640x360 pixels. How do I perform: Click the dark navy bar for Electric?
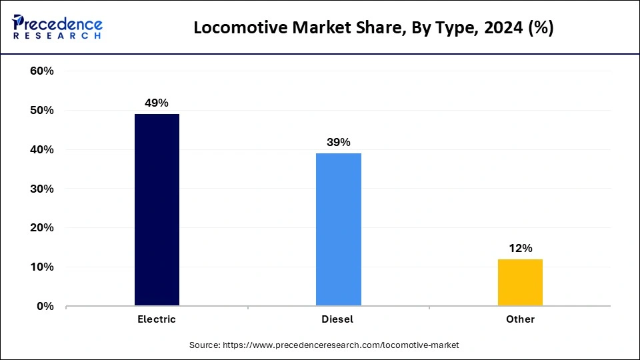click(157, 210)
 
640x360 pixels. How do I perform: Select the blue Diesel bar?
click(338, 229)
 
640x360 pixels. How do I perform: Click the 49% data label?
click(157, 103)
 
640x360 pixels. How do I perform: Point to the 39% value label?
click(338, 142)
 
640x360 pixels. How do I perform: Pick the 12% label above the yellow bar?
click(520, 248)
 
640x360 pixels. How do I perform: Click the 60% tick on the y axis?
click(42, 71)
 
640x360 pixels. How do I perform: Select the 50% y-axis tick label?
click(42, 111)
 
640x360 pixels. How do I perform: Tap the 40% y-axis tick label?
click(42, 150)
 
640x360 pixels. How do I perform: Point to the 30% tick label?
click(42, 189)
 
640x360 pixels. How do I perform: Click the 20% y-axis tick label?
click(42, 228)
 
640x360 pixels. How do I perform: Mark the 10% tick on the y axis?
click(42, 267)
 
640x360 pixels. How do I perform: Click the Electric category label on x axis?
click(157, 319)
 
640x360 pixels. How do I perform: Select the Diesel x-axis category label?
click(338, 319)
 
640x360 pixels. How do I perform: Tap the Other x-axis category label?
click(520, 319)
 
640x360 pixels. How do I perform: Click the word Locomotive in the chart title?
click(234, 28)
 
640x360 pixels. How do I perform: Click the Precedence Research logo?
click(57, 27)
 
